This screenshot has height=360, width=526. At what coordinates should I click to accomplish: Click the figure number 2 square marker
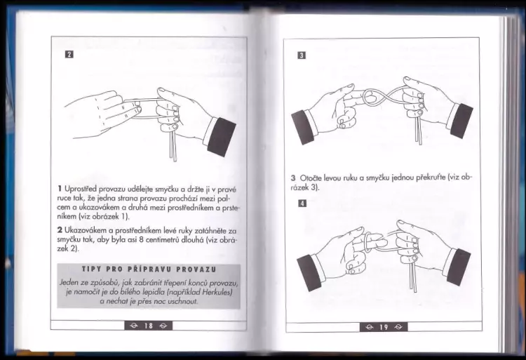coord(69,54)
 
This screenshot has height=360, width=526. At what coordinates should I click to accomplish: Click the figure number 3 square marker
coord(302,55)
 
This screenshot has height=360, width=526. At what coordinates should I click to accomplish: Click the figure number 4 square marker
coord(302,204)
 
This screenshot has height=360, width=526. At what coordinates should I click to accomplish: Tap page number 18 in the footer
coord(149,326)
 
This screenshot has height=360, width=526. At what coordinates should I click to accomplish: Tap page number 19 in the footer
coord(384,327)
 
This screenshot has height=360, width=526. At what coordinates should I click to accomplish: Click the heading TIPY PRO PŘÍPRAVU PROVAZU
coord(149,269)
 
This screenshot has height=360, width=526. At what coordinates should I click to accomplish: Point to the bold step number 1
coord(60,189)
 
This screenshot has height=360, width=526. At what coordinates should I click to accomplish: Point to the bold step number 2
coord(60,230)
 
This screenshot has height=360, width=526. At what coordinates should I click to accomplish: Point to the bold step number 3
coord(293,178)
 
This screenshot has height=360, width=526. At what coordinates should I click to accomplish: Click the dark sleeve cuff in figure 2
coord(222,137)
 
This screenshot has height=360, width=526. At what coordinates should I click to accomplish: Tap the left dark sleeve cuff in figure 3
coord(304,127)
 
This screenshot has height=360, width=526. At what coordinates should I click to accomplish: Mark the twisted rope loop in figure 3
coord(371,98)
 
